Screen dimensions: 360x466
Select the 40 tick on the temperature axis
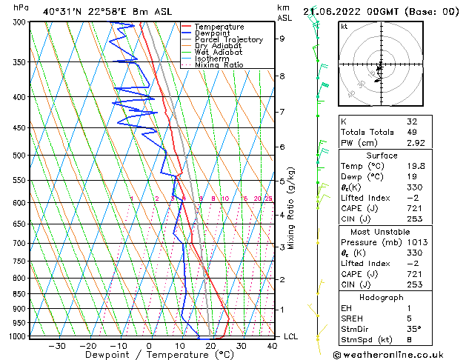(x=273, y=345)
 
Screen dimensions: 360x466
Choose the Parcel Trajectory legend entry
(x=228, y=40)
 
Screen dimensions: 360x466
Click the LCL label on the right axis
(x=292, y=336)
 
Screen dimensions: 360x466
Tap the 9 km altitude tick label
(x=282, y=39)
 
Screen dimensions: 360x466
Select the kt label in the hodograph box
(x=344, y=27)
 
